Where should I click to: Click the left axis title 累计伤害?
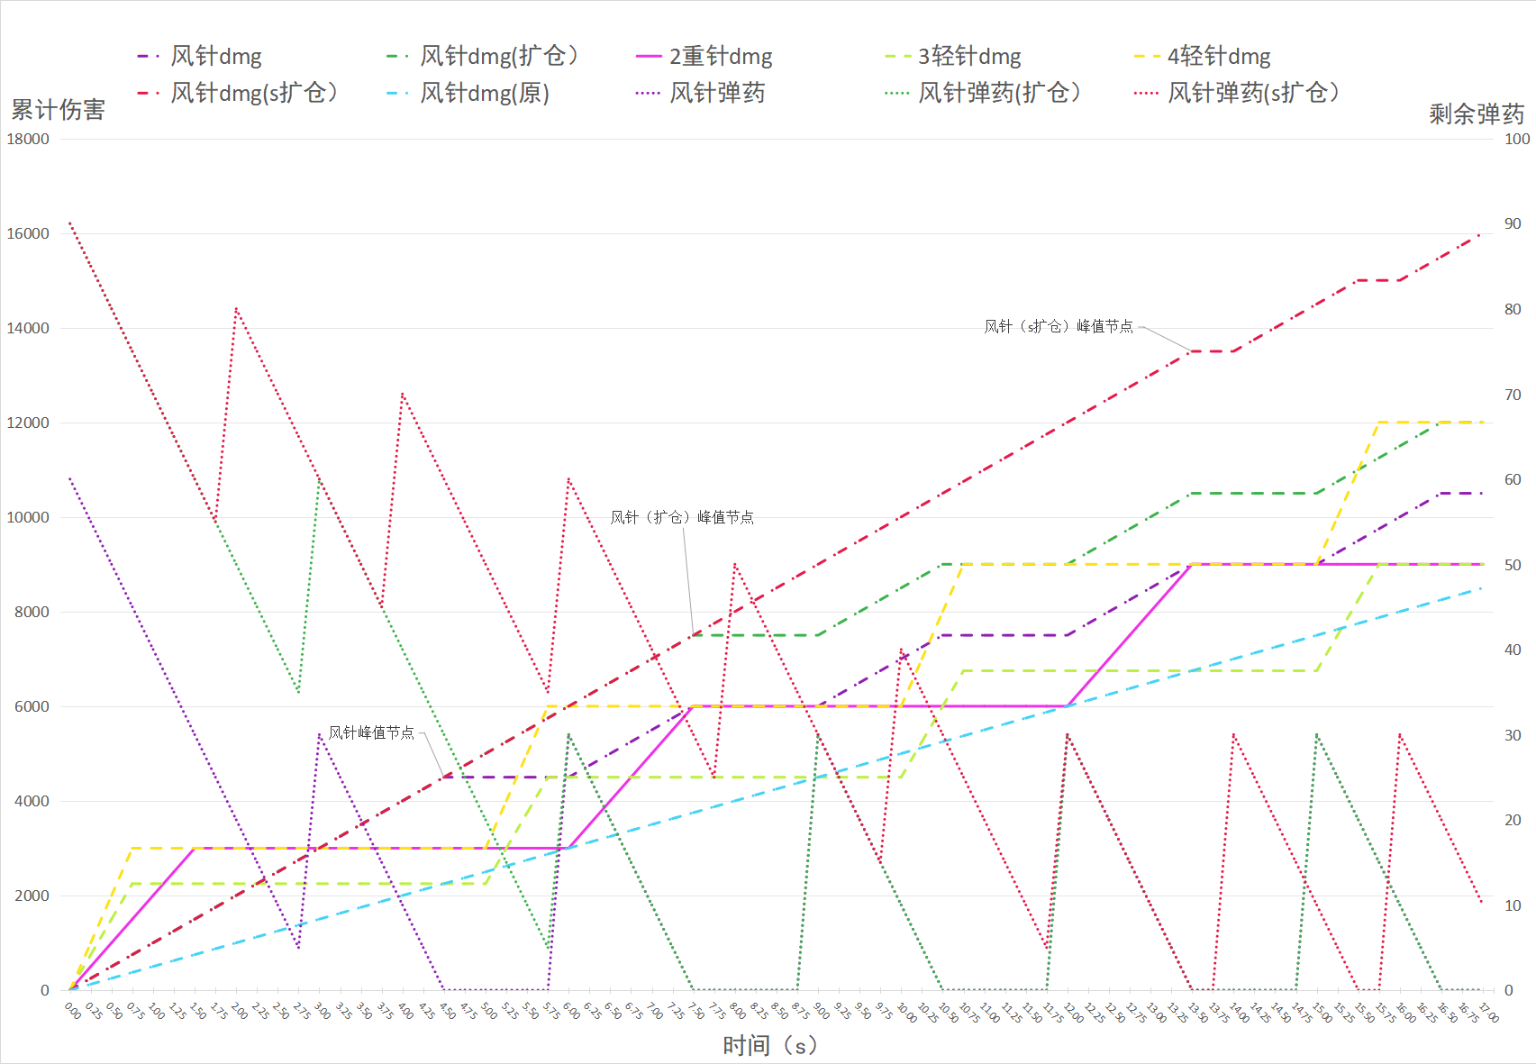tap(58, 110)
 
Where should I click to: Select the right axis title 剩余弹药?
tap(1476, 114)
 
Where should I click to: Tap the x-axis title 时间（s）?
tap(769, 1045)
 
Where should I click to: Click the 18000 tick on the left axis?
tap(28, 139)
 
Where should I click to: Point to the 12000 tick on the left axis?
tap(28, 423)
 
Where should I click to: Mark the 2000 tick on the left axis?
tap(32, 896)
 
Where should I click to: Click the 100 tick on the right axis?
tap(1517, 139)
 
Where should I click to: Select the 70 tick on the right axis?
tap(1513, 395)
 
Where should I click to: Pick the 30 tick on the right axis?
tap(1513, 735)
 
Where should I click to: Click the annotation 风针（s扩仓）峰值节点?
tap(1059, 326)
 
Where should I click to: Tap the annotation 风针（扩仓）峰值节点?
tap(682, 517)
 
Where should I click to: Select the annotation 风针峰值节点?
tap(371, 732)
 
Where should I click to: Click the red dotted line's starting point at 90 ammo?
tap(70, 223)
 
